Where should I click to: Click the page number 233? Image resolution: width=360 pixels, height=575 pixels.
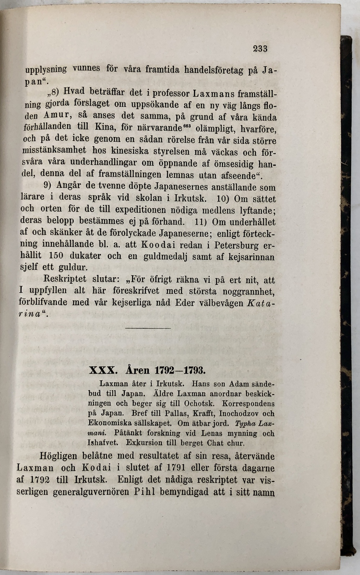point(260,48)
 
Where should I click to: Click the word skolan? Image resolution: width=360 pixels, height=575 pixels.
point(149,198)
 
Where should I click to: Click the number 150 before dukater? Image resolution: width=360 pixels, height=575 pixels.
point(55,256)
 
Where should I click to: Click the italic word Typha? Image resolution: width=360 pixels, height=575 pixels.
point(246,423)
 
